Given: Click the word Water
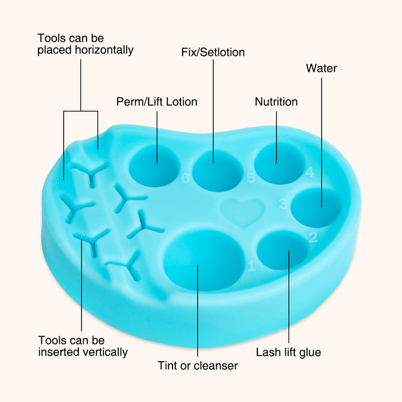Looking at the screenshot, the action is [321, 68].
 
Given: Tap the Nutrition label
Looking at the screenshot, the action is [276, 102].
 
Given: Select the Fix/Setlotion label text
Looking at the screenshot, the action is [213, 52].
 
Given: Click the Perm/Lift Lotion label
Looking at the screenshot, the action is [157, 102].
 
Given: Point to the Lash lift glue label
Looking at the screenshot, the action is [289, 352].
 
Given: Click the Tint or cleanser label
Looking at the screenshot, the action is [198, 366].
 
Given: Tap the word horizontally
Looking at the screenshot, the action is [104, 50].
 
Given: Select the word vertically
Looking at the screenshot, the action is [106, 352].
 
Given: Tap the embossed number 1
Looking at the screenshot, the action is [251, 266].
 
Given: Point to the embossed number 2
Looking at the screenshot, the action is [313, 237].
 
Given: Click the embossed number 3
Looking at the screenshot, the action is [283, 204].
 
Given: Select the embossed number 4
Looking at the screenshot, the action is [310, 172].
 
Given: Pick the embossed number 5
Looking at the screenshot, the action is [251, 178].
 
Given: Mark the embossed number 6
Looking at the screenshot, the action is [185, 178].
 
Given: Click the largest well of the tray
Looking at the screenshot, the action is [204, 260].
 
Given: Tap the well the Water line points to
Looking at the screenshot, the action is [316, 208].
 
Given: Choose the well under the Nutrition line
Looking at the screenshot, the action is [279, 163].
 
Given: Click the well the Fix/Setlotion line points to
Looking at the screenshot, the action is [217, 170].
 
